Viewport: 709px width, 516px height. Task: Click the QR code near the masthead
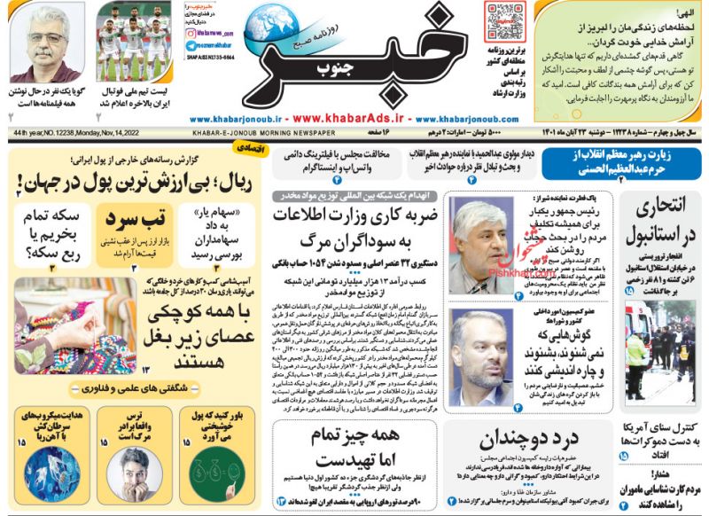(505, 21)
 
